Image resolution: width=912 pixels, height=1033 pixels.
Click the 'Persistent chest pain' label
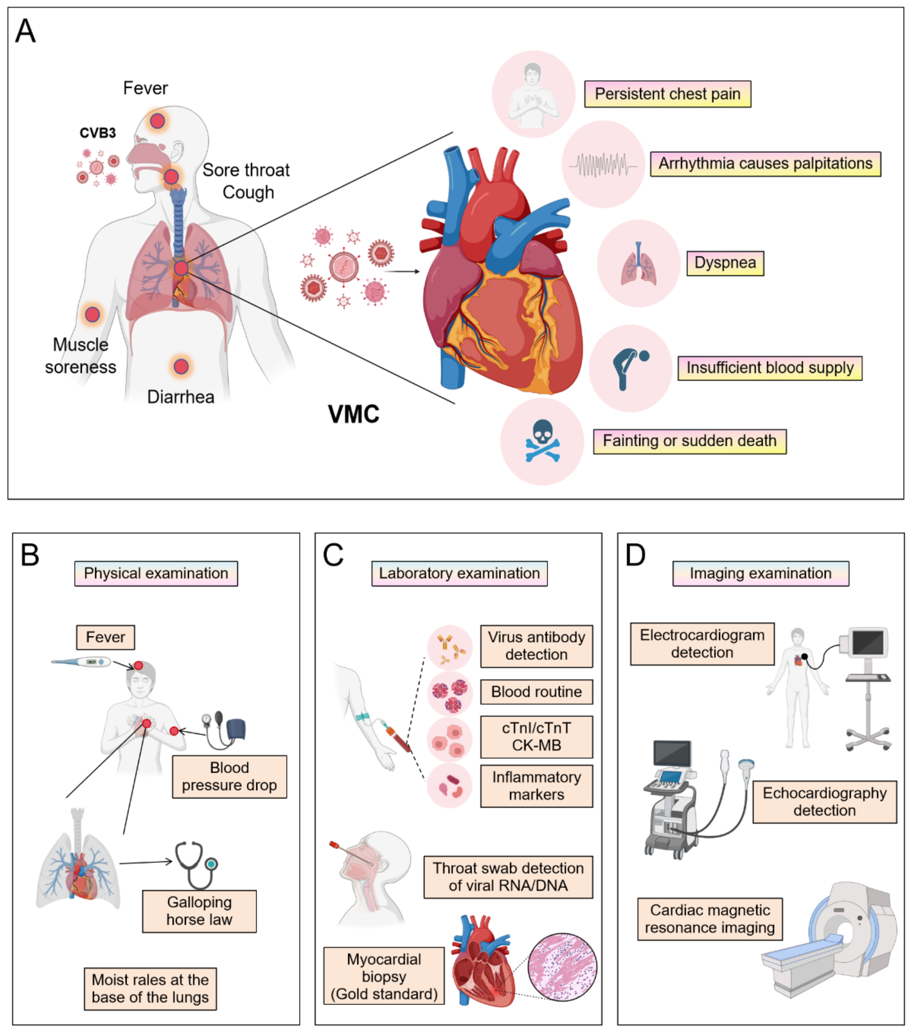[x=667, y=94]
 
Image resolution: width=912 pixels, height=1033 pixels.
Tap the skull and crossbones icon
[x=542, y=441]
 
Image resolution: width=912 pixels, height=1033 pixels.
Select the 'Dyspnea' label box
[x=724, y=263]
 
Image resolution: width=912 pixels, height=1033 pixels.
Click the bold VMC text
[x=353, y=414]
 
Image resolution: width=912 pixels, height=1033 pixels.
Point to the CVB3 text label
[x=97, y=133]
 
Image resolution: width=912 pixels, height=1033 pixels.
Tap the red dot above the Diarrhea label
[x=181, y=367]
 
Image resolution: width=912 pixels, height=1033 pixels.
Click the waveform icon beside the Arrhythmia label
[x=603, y=165]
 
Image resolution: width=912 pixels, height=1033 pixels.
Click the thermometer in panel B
[x=81, y=662]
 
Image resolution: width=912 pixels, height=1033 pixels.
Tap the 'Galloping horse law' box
[x=199, y=911]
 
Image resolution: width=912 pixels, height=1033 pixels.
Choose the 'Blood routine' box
[x=536, y=691]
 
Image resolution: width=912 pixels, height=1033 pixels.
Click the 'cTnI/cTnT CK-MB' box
[x=536, y=736]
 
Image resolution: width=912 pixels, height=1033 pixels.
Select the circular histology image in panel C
[x=562, y=967]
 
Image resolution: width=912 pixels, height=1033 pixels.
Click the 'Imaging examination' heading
[x=760, y=573]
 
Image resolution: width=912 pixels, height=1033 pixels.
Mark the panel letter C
[x=333, y=555]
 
